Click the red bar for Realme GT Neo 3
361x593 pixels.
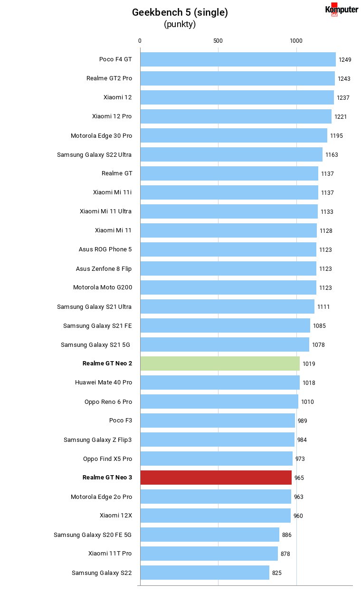pyautogui.click(x=216, y=478)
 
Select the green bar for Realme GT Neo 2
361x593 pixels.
pyautogui.click(x=220, y=363)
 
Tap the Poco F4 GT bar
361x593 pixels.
pyautogui.click(x=238, y=59)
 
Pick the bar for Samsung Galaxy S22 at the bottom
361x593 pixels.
pyautogui.click(x=205, y=573)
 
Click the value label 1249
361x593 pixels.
pyautogui.click(x=345, y=60)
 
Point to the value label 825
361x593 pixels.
pyautogui.click(x=277, y=573)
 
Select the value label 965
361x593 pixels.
pyautogui.click(x=299, y=478)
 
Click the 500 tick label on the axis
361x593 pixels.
pyautogui.click(x=218, y=41)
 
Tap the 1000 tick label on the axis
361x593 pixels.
pyautogui.click(x=296, y=41)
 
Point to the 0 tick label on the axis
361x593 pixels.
pyautogui.click(x=140, y=41)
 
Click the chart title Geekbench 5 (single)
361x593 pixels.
pyautogui.click(x=180, y=12)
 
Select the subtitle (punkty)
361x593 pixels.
pyautogui.click(x=180, y=24)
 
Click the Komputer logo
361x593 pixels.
pyautogui.click(x=342, y=10)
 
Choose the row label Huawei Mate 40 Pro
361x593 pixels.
pyautogui.click(x=104, y=383)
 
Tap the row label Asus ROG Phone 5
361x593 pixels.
pyautogui.click(x=105, y=249)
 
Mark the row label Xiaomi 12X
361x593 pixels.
pyautogui.click(x=115, y=516)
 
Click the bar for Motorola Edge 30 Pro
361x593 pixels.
pyautogui.click(x=234, y=135)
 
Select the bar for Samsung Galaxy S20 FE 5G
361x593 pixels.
pyautogui.click(x=210, y=535)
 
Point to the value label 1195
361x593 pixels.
pyautogui.click(x=336, y=136)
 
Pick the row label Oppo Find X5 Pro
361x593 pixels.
pyautogui.click(x=107, y=459)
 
